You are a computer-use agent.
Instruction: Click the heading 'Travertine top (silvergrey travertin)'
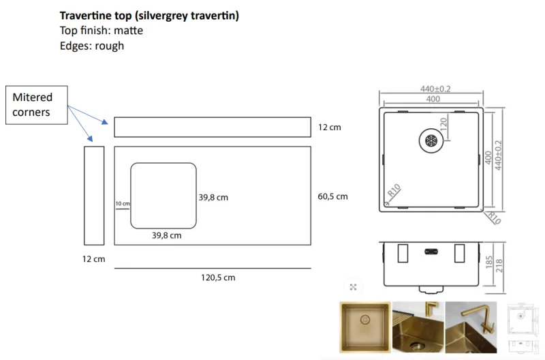[x=149, y=16]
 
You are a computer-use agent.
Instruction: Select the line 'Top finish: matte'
[x=101, y=31]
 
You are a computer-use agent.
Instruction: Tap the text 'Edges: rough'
[x=92, y=46]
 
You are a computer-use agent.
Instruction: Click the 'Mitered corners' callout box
[x=37, y=105]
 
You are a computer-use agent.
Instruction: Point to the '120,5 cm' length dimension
[x=218, y=277]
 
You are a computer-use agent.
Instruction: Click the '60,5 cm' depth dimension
[x=332, y=196]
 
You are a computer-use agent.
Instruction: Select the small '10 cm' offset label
[x=123, y=203]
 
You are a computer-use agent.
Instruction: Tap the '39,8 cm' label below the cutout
[x=166, y=235]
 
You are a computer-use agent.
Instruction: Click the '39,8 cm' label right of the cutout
[x=213, y=198]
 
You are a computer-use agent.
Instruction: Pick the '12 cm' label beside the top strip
[x=330, y=127]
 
